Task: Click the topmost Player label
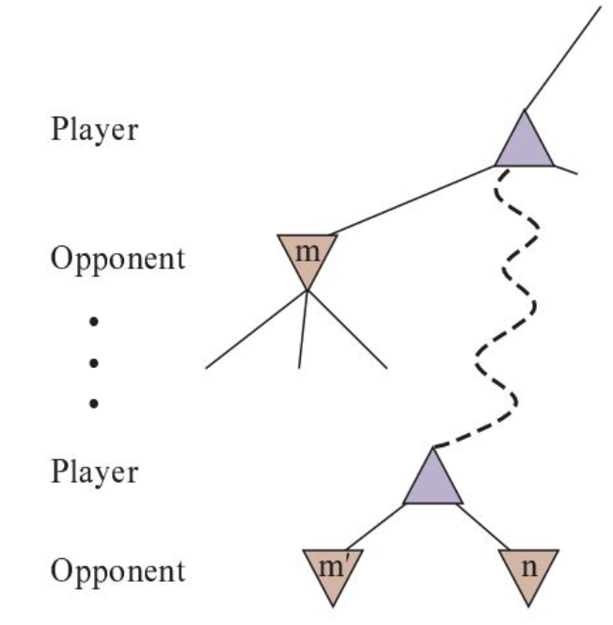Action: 94,130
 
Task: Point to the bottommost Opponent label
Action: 118,571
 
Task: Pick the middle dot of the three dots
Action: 93,362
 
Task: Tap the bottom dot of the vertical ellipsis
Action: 93,403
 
